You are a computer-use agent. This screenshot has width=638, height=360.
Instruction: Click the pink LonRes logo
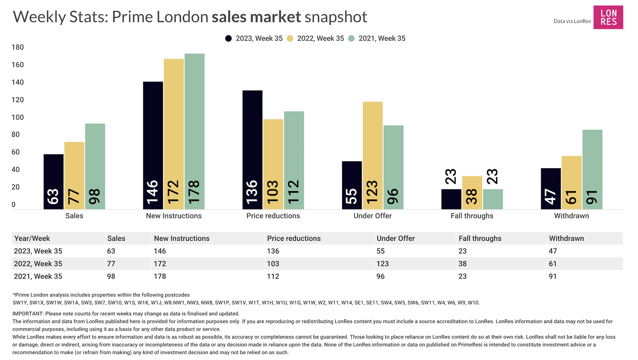(x=608, y=17)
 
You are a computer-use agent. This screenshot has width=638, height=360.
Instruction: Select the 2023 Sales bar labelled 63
(x=54, y=182)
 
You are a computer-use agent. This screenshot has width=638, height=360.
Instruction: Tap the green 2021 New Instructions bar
(x=195, y=131)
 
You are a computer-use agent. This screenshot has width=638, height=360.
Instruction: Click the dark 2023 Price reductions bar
(x=252, y=150)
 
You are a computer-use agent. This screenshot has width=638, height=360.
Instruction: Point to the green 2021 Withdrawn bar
(x=592, y=169)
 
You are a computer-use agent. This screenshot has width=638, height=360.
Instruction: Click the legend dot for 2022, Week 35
(x=290, y=39)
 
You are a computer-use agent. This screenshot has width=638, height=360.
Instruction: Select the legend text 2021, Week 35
(x=382, y=39)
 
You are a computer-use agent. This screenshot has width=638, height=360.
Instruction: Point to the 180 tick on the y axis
(x=18, y=47)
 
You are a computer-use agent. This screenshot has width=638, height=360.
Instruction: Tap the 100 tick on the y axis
(x=18, y=117)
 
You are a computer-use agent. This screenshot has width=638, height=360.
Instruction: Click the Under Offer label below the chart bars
(x=373, y=216)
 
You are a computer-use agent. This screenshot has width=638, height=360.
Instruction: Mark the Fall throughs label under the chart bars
(x=472, y=216)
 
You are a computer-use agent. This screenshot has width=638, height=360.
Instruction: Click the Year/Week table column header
(x=32, y=238)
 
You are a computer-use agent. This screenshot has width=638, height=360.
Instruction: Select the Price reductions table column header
(x=294, y=238)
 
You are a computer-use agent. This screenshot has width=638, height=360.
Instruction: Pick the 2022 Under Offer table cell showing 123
(x=382, y=264)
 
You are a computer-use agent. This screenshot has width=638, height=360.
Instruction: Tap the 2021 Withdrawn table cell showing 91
(x=553, y=276)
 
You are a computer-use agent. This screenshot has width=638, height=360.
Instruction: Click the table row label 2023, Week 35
(x=38, y=251)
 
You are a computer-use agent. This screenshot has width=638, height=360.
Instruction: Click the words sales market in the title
(x=256, y=17)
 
